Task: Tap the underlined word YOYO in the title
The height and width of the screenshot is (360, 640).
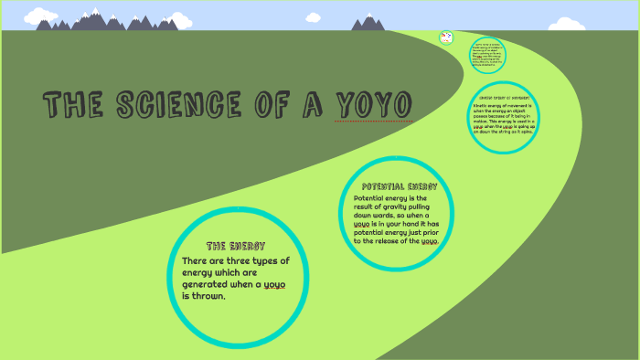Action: [374, 105]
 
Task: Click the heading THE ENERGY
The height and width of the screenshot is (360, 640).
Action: [236, 247]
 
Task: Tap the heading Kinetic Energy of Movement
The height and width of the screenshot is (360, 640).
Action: [504, 98]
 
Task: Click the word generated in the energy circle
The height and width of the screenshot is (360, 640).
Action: [209, 284]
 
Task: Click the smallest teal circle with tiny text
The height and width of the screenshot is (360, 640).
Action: [488, 54]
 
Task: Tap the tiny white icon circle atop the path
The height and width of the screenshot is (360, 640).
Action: [446, 37]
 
